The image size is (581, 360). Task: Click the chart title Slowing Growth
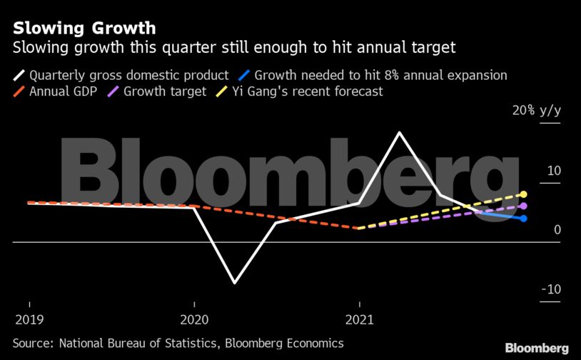pyautogui.click(x=84, y=29)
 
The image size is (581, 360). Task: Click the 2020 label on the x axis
pyautogui.click(x=194, y=319)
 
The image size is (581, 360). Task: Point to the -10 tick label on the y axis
pyautogui.click(x=550, y=289)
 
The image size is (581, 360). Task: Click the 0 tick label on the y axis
pyautogui.click(x=555, y=230)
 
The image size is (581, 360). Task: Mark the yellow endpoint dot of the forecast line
pyautogui.click(x=524, y=194)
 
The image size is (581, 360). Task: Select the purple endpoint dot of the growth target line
pyautogui.click(x=524, y=206)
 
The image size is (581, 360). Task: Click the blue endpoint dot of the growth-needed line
pyautogui.click(x=524, y=218)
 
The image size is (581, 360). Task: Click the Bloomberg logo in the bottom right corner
pyautogui.click(x=537, y=348)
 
